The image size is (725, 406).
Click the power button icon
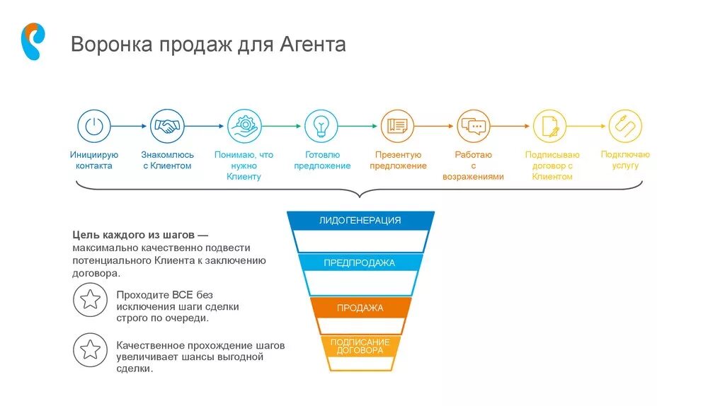(94, 127)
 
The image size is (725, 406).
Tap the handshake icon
(167, 127)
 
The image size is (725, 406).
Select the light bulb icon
(321, 127)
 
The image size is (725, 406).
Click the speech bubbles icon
(474, 127)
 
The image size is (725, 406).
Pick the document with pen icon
(550, 127)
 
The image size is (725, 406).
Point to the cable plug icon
(625, 127)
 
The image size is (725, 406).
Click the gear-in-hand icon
(244, 127)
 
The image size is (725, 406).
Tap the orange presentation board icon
(397, 127)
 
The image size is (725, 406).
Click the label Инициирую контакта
(94, 160)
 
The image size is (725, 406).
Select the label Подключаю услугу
(625, 160)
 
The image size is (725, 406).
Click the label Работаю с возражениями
(474, 166)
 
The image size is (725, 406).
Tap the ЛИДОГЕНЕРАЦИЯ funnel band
(360, 221)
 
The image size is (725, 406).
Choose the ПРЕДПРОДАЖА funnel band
(360, 263)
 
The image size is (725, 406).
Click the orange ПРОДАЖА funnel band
(360, 308)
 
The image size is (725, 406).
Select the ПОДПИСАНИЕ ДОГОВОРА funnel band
(360, 346)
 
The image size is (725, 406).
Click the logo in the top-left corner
(33, 41)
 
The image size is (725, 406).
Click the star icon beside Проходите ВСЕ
(90, 300)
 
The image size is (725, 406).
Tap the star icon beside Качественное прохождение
(90, 349)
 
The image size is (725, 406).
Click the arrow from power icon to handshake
(130, 127)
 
